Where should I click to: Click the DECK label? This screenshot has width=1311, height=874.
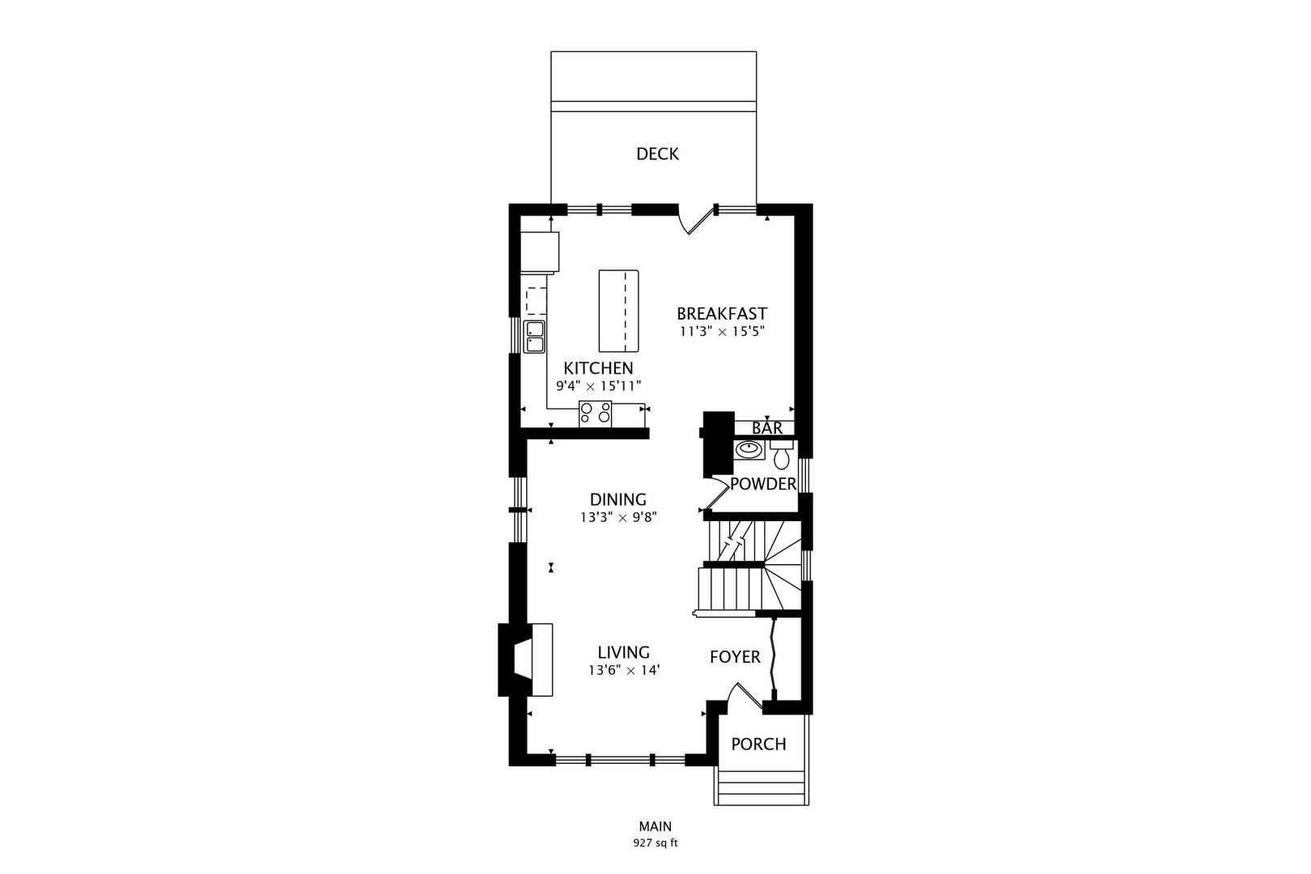coord(657,154)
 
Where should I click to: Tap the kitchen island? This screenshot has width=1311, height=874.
coord(618,311)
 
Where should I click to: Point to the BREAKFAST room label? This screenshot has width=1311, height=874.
coord(722,314)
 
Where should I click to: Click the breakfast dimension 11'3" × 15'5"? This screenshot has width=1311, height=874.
coord(722,331)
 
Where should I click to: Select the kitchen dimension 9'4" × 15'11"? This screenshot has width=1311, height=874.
coord(598,386)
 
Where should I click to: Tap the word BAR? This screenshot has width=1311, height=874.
coord(766,428)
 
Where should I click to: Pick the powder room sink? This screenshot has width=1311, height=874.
coord(749,450)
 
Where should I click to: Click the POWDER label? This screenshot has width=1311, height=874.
coord(763,484)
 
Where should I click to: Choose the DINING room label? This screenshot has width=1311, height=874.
coord(618,499)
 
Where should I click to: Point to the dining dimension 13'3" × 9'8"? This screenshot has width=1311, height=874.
coord(618,517)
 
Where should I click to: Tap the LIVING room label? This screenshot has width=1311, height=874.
coord(624,652)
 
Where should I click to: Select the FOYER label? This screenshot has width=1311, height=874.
coord(735,657)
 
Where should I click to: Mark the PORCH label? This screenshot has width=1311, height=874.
coord(758,744)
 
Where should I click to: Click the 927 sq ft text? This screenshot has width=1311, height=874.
coord(655,843)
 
